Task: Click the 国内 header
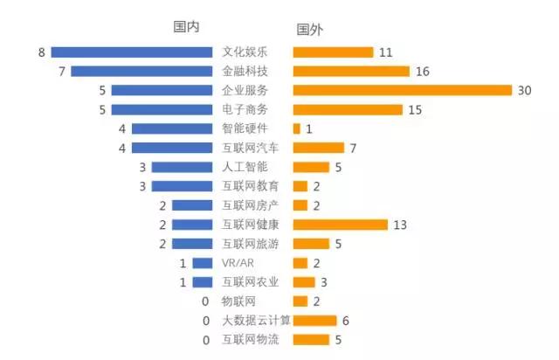click(x=186, y=27)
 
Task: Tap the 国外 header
click(x=309, y=30)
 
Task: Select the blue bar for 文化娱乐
click(x=132, y=52)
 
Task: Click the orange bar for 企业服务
click(x=403, y=90)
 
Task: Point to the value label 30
click(x=524, y=91)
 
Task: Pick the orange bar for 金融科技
click(x=351, y=71)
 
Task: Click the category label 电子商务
click(x=245, y=109)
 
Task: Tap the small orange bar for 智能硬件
click(x=297, y=128)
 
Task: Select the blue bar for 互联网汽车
click(x=172, y=148)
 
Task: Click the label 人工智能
click(x=245, y=167)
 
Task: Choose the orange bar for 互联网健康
click(x=341, y=225)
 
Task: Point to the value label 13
click(x=400, y=225)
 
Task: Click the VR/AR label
click(x=238, y=263)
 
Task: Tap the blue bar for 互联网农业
click(x=203, y=282)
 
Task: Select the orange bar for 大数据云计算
click(x=314, y=321)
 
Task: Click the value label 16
click(x=423, y=72)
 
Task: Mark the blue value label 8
click(x=42, y=52)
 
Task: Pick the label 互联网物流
click(x=251, y=339)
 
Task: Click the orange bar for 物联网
click(x=300, y=301)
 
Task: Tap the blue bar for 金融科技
click(x=141, y=71)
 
